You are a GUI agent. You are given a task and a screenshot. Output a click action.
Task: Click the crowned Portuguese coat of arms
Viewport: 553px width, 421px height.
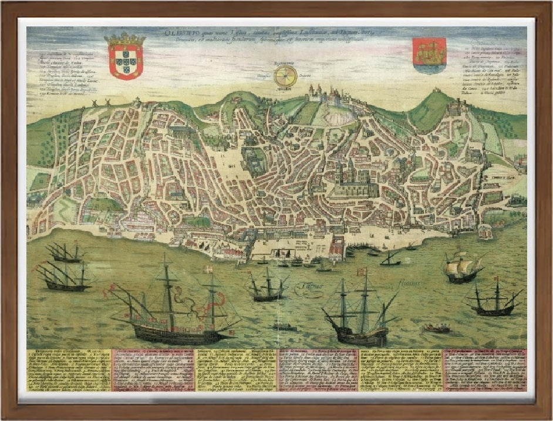pyautogui.click(x=124, y=57)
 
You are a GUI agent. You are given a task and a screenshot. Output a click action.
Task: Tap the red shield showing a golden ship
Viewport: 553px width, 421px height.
pyautogui.click(x=429, y=54)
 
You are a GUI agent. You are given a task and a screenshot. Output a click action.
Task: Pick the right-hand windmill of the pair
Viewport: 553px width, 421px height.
pyautogui.click(x=107, y=102)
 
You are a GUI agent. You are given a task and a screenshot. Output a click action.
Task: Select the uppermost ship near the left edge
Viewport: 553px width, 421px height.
pyautogui.click(x=65, y=252)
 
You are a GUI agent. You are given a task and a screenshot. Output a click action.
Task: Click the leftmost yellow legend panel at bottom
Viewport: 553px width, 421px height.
pyautogui.click(x=68, y=369)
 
